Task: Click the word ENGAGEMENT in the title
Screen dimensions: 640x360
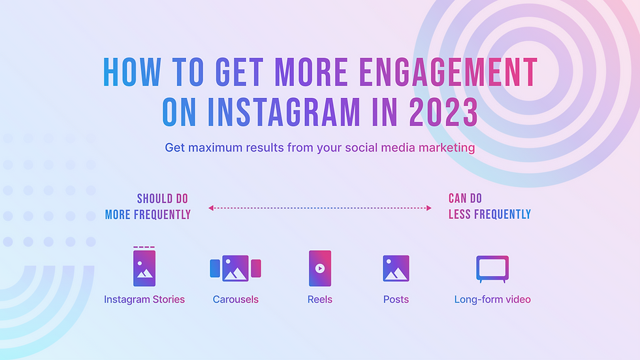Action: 448,73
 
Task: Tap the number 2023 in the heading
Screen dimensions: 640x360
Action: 443,112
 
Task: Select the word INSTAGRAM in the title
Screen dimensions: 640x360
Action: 284,112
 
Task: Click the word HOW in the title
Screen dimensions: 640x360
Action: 132,73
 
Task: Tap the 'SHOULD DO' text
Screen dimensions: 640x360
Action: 163,199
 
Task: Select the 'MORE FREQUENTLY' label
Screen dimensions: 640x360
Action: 148,215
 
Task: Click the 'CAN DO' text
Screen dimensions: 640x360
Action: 465,199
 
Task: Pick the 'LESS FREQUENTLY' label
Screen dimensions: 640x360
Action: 489,214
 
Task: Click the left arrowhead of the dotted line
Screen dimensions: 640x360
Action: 211,208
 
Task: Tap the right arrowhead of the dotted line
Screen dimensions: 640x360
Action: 428,208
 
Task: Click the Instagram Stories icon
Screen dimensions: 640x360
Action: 144,267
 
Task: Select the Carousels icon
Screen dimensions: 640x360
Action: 236,268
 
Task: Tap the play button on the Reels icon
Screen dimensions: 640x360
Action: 320,268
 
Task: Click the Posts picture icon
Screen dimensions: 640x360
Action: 396,268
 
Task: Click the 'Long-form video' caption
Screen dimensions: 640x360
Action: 492,299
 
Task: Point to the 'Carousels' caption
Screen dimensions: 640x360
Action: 236,299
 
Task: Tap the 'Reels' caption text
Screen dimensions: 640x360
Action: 320,299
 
